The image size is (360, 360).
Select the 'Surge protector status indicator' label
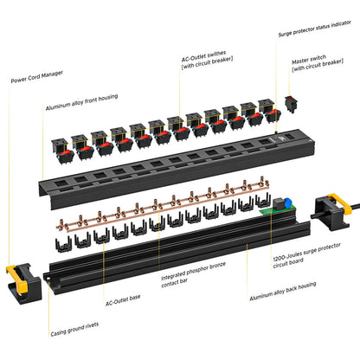[316, 35]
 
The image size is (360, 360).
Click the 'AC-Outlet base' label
[124, 303]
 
